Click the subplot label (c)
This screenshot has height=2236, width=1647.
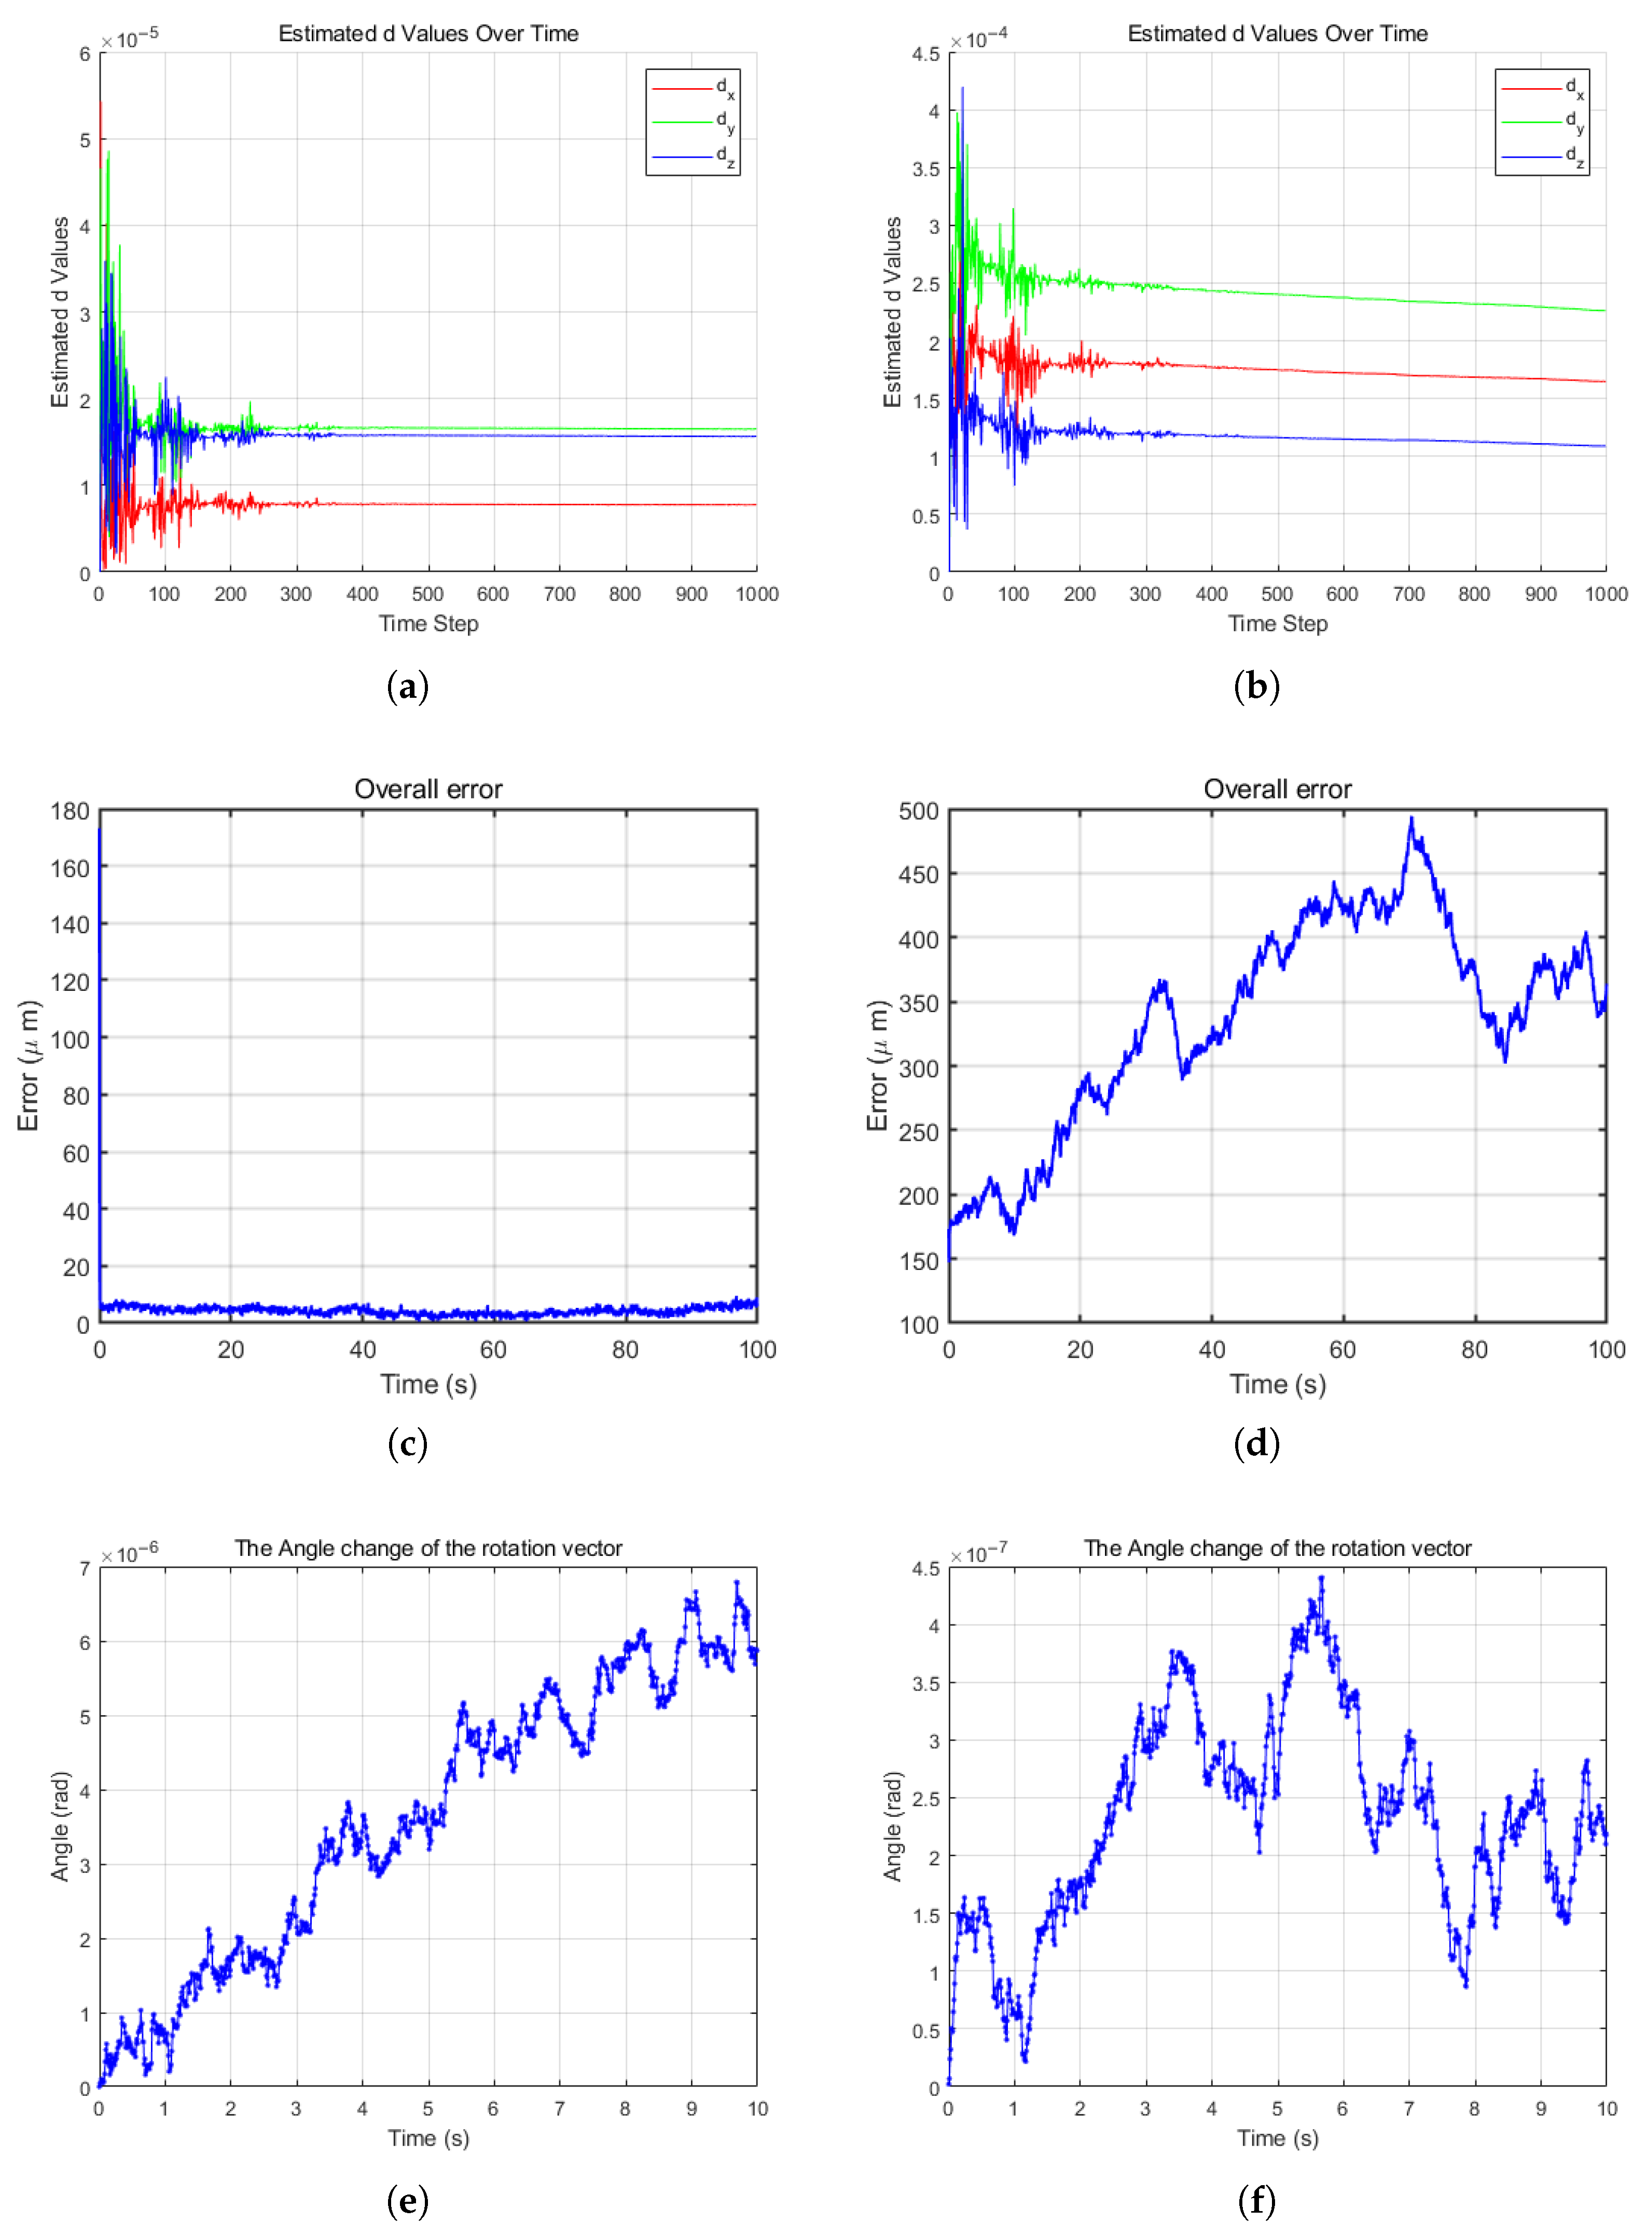pos(407,1443)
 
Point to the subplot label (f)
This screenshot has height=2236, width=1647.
pos(1256,2200)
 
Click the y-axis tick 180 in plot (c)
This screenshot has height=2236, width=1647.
pos(70,811)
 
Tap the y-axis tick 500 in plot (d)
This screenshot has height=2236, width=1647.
pos(918,811)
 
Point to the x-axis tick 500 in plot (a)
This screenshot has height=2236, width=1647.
pos(428,594)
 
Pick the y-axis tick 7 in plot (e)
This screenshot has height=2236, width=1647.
pos(85,1568)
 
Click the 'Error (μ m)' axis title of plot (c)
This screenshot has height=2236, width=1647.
pos(28,1066)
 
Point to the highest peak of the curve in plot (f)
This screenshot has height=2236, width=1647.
pos(1321,1578)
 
